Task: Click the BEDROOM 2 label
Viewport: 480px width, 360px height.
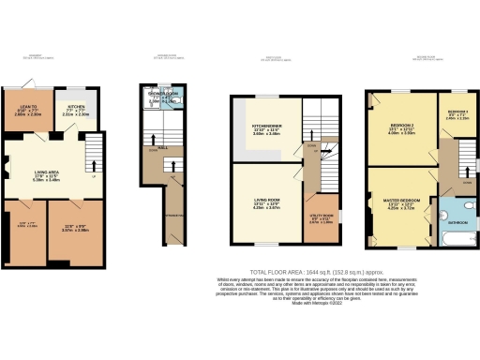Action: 400,128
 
